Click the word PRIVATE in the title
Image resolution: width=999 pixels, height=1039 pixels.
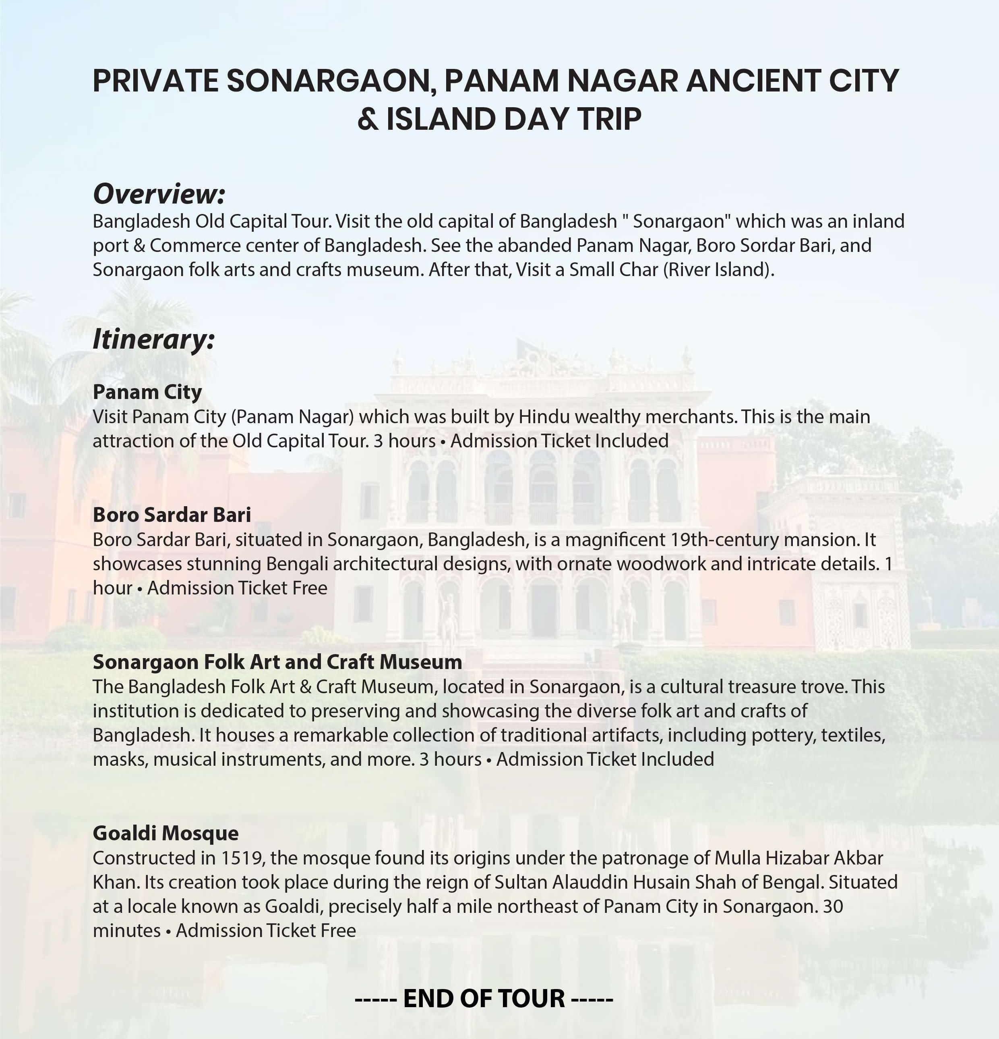[x=156, y=81]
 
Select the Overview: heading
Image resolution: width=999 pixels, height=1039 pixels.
[x=159, y=193]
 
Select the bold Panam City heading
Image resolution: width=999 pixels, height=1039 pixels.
[x=147, y=392]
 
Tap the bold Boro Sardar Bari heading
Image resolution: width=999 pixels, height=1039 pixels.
[x=172, y=514]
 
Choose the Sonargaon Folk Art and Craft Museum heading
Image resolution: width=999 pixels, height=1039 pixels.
[x=277, y=662]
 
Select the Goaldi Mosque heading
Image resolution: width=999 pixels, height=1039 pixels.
[x=165, y=833]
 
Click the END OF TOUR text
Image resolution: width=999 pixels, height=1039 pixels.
[x=484, y=999]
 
